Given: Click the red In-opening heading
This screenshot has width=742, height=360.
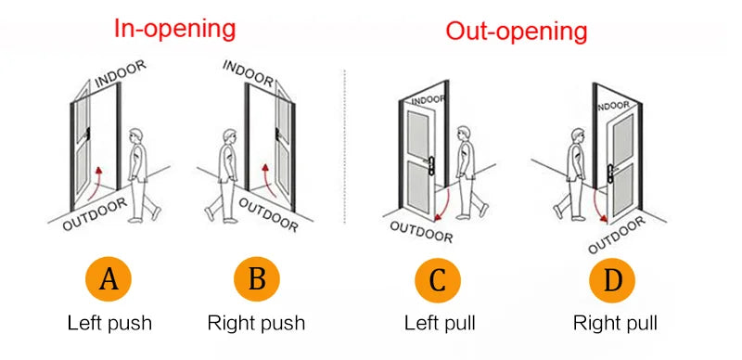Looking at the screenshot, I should [x=174, y=28].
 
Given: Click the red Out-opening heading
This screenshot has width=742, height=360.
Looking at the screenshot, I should [x=517, y=31].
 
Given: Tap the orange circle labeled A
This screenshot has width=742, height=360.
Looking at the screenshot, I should [x=109, y=279].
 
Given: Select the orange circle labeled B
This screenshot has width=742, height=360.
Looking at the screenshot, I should [x=256, y=279].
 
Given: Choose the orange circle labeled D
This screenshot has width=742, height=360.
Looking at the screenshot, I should [x=613, y=279].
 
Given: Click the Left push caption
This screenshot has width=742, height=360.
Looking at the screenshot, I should [x=109, y=324].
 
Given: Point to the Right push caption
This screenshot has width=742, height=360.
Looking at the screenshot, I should [x=256, y=324].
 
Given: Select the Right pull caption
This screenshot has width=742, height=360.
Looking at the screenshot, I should [x=614, y=324].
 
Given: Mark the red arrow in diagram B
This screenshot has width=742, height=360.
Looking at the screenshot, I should [x=266, y=179].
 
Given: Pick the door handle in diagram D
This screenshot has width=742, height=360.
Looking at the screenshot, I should [x=611, y=169].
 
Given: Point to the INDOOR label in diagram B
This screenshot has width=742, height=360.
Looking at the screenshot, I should [x=248, y=73].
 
